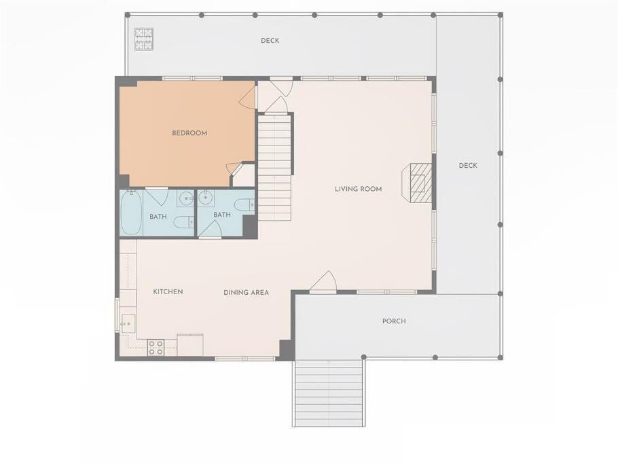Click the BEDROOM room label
pos(189,133)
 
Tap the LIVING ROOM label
pos(359,189)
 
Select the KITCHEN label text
pos(168,291)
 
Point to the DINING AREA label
pos(247,293)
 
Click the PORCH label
pos(394,321)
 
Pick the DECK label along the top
pos(270,41)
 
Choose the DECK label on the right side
pos(468,166)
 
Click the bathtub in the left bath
pos(131,213)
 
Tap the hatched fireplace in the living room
pos(417,183)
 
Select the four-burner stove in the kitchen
pos(156,348)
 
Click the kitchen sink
pos(128,323)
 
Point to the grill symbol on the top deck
pos(144,39)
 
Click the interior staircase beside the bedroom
pos(275,168)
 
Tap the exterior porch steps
pos(329,393)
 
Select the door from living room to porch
pos(323,283)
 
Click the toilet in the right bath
pos(244,205)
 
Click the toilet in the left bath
pos(183,222)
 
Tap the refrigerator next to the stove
pos(190,345)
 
